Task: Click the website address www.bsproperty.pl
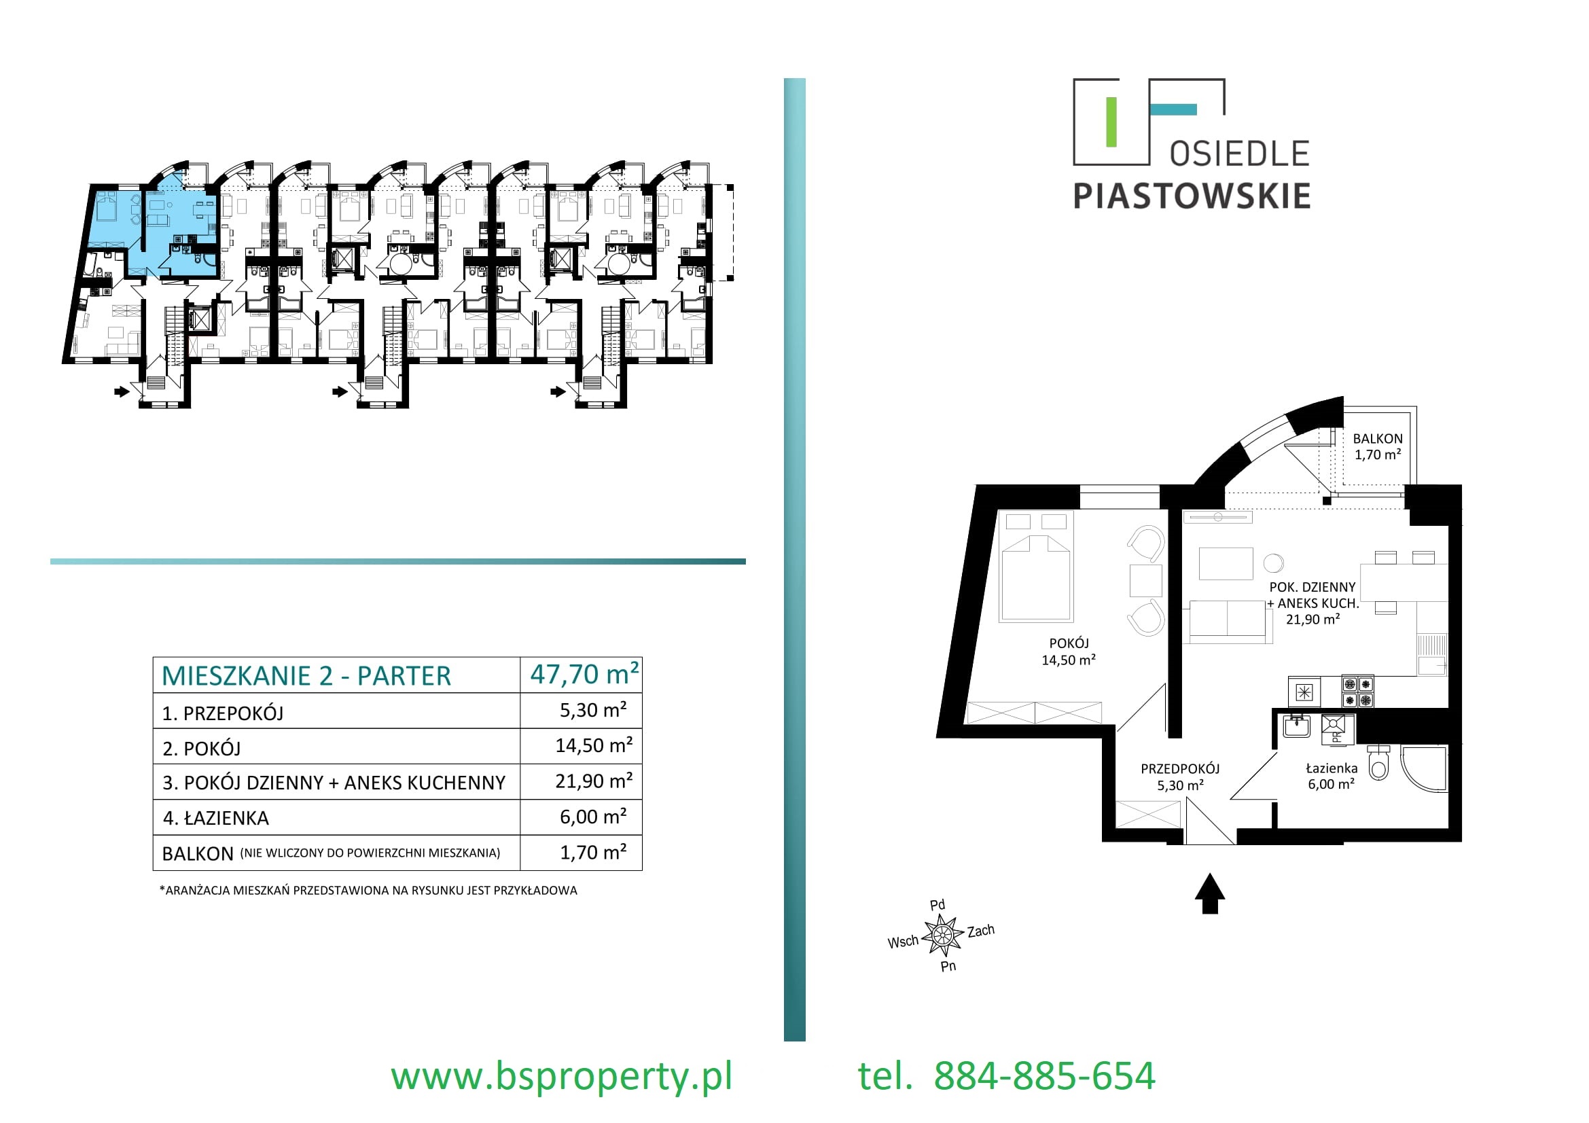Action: [x=561, y=1077]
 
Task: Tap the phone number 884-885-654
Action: [x=1044, y=1077]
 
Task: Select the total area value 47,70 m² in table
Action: [x=584, y=674]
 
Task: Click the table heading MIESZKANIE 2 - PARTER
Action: [x=306, y=675]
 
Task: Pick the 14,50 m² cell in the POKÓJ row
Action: [x=594, y=745]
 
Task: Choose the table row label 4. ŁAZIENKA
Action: [x=215, y=818]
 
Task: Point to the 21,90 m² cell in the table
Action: [x=594, y=781]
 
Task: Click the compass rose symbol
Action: [x=942, y=936]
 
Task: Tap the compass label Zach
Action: [x=981, y=931]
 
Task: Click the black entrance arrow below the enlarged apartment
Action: [x=1210, y=893]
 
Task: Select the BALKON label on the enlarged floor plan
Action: [x=1377, y=439]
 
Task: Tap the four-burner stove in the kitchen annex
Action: [x=1358, y=692]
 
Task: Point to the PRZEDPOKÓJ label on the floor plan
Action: [x=1180, y=769]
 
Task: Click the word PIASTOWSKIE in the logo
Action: [x=1192, y=196]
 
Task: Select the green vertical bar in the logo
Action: [x=1111, y=122]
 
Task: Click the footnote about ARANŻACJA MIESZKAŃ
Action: [x=368, y=891]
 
